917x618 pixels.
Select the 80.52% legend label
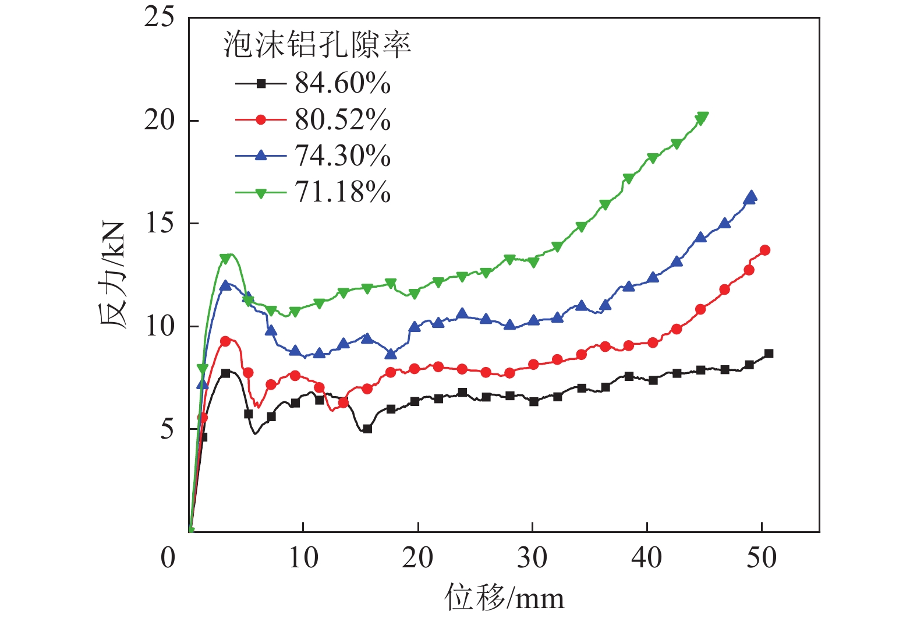[342, 120]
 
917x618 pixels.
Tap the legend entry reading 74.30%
[342, 156]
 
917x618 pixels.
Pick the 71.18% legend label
[342, 192]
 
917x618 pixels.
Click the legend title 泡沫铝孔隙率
[317, 45]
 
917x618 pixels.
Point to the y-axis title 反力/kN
[114, 274]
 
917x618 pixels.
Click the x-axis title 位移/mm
[504, 598]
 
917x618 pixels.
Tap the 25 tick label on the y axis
[159, 17]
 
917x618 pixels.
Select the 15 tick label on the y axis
[159, 223]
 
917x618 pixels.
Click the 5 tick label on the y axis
[167, 429]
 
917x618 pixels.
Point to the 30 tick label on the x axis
[532, 558]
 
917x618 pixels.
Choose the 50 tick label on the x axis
[762, 558]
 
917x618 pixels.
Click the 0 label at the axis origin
[168, 558]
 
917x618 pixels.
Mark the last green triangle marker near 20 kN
[702, 118]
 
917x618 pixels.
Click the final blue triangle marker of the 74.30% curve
[751, 196]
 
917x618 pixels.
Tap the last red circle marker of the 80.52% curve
[765, 250]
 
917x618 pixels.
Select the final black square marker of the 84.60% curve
[769, 354]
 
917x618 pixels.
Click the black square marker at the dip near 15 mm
[367, 429]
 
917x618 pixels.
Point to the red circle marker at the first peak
[225, 341]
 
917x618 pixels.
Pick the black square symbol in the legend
[261, 84]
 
